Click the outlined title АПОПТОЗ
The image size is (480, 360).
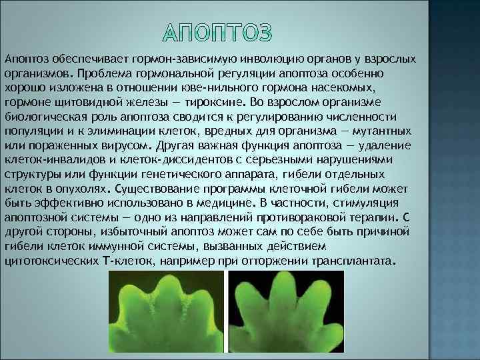pos(217,33)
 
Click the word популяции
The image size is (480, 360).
pos(31,131)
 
